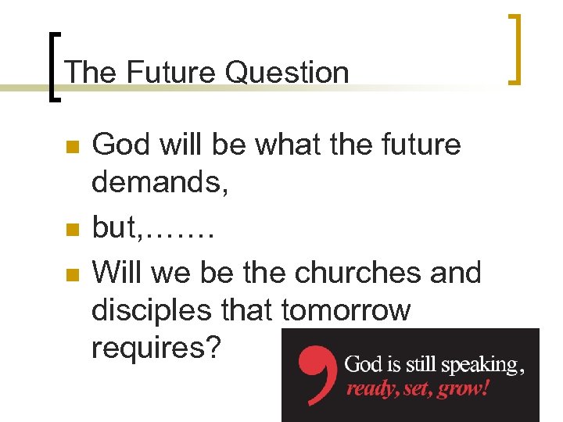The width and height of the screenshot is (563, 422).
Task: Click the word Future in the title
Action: point(170,73)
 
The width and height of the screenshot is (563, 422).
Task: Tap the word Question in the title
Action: point(286,73)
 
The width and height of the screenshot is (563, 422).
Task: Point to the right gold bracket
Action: point(514,48)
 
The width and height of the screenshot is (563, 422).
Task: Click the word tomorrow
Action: point(346,311)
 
